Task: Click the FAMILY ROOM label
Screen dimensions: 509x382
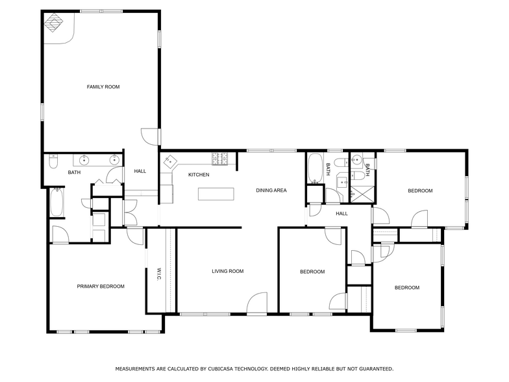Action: coord(103,87)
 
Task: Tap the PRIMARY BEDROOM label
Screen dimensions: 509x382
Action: coord(101,286)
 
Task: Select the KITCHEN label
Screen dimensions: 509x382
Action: coord(199,175)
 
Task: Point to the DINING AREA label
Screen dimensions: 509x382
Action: coord(271,190)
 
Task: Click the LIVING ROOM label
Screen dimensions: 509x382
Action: coord(227,272)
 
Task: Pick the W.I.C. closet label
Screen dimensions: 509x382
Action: coord(159,274)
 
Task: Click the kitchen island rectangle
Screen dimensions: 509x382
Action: coord(216,194)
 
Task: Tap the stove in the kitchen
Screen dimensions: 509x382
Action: coord(220,159)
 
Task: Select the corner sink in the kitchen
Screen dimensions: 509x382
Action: coord(170,161)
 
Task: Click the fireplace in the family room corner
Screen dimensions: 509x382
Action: coord(53,22)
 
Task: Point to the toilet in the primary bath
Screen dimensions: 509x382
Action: coord(53,161)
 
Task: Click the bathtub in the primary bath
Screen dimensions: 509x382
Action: coord(57,202)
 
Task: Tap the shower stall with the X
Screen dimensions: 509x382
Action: coord(362,194)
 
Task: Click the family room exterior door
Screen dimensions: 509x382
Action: coord(150,136)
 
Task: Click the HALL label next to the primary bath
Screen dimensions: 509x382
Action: coord(140,172)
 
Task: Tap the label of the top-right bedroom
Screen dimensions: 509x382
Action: coord(420,191)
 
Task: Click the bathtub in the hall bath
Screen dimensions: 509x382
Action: coord(315,168)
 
